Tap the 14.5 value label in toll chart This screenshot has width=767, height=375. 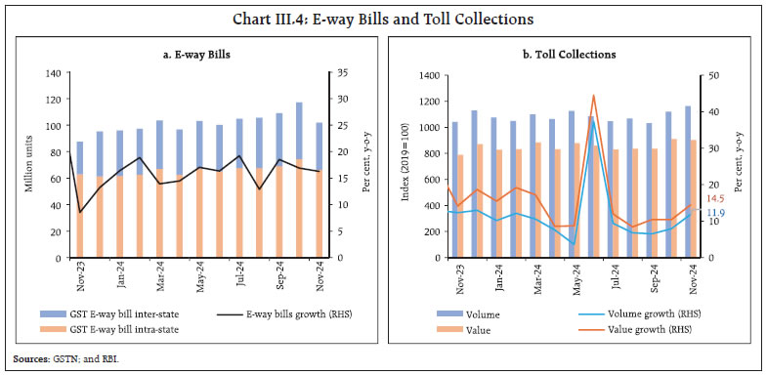click(712, 199)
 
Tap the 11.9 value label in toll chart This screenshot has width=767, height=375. click(714, 213)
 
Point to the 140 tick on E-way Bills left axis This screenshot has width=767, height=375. click(50, 74)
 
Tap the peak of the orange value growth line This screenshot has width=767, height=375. click(593, 96)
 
